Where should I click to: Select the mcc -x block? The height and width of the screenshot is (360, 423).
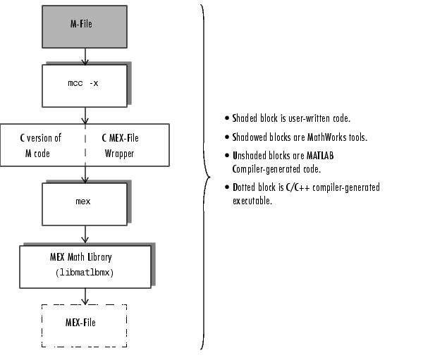coord(85,85)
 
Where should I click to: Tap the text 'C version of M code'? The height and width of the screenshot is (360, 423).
coord(40,145)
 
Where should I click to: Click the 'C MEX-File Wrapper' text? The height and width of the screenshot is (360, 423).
coord(129,145)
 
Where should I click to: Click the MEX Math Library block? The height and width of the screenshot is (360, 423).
coord(85,266)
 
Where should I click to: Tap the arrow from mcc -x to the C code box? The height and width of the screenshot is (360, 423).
coord(85,114)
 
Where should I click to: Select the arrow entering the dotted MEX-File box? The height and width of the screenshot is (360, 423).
coord(85,297)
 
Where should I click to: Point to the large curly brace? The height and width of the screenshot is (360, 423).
coord(205,176)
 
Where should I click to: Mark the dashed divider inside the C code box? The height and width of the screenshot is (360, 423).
coord(85,145)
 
